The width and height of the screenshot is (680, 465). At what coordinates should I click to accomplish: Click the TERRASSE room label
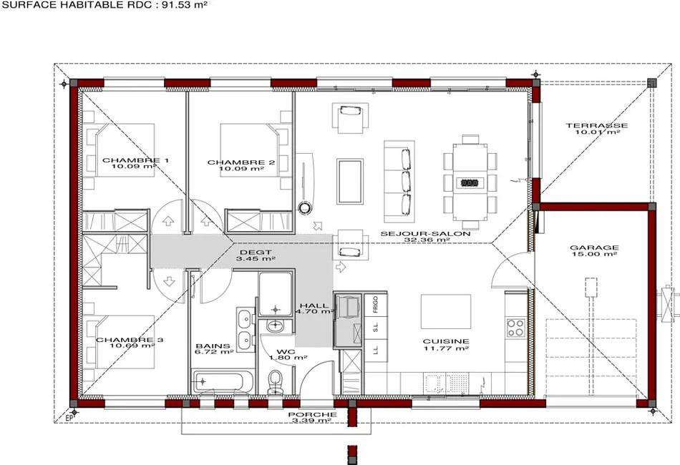597,126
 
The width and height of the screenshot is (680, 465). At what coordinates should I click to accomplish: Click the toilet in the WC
275,382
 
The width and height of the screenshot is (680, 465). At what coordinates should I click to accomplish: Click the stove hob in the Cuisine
516,327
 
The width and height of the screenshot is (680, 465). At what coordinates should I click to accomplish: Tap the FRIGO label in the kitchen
376,305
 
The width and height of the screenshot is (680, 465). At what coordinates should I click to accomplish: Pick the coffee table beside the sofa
350,181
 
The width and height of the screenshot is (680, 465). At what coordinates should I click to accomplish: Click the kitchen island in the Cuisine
446,312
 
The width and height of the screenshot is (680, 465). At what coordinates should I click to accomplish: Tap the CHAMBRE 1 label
130,160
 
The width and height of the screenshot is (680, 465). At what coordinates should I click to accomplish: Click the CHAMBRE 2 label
241,162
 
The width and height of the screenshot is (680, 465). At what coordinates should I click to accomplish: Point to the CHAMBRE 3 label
130,340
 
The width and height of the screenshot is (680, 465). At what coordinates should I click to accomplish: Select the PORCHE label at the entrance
312,415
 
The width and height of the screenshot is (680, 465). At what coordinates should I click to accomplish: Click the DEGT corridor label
256,253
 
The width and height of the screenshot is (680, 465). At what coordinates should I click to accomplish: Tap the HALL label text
314,305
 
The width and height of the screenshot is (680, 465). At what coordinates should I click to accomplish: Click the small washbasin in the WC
275,325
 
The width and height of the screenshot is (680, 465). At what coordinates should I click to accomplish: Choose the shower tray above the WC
275,294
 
